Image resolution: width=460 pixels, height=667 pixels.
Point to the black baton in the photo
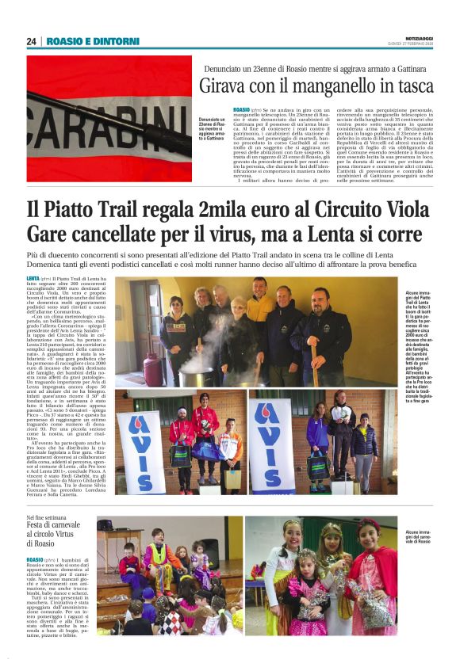click(95, 107)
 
